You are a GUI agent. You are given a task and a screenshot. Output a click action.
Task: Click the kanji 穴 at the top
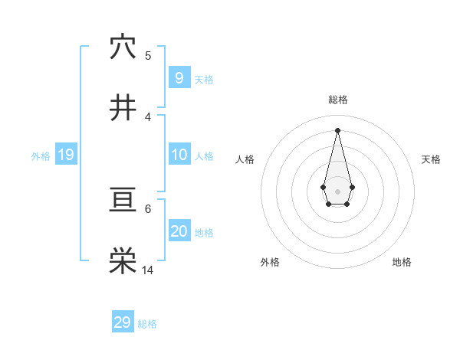coord(123,47)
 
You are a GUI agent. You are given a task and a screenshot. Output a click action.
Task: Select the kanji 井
coord(123,107)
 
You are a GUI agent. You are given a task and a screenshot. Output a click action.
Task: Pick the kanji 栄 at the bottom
coord(123,261)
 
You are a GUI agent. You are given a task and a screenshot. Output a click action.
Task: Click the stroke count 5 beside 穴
coord(148,55)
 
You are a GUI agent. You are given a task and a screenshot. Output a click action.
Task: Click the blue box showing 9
coord(179,78)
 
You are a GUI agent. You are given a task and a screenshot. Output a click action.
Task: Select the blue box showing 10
coord(179,155)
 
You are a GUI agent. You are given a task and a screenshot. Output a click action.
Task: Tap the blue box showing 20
coord(179,231)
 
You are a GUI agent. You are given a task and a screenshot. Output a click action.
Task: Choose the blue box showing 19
coord(65,155)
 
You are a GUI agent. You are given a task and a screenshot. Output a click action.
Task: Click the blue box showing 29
coord(122,322)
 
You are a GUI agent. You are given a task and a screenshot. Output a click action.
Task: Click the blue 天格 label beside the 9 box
coord(204,80)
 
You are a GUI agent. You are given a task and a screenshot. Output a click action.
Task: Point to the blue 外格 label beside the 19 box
coord(41,156)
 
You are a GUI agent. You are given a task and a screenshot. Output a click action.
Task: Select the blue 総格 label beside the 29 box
coord(147,324)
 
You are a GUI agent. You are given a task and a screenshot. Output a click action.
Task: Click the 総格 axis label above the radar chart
coord(337,100)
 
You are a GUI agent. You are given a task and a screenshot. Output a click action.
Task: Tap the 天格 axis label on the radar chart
coord(431,159)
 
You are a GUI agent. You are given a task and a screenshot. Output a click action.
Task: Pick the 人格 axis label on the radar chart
coord(245,159)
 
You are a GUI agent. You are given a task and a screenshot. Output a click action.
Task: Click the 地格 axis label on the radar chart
coord(402,262)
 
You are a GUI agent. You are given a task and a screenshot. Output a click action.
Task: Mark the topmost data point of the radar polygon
coord(337,129)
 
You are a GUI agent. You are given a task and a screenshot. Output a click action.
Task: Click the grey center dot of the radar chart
coord(337,191)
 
